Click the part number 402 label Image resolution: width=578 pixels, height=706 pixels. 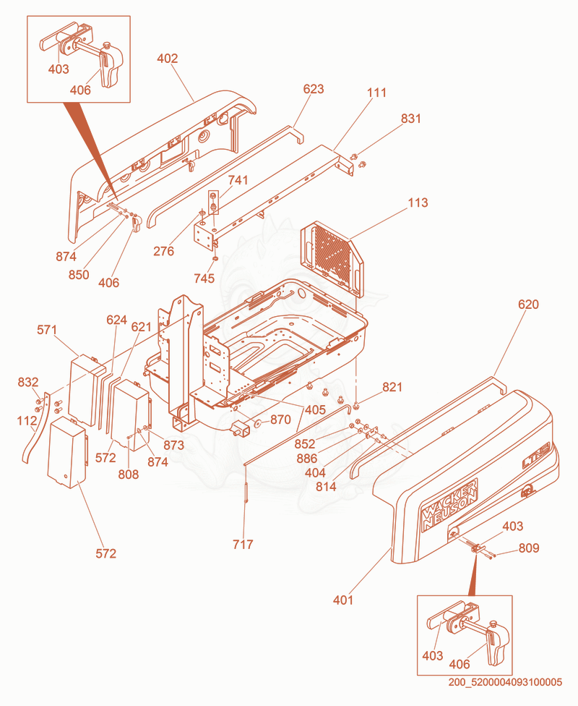point(168,59)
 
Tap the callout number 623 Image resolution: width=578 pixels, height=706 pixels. point(314,89)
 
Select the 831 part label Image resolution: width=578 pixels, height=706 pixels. point(410,119)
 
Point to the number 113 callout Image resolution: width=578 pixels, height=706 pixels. point(418,203)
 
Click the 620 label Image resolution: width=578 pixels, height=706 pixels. point(528,305)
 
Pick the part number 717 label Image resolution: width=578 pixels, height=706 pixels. point(243,545)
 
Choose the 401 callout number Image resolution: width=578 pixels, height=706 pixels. point(343,600)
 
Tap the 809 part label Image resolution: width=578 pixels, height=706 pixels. point(529,548)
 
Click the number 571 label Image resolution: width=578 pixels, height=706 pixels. point(47,330)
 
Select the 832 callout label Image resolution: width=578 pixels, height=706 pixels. point(28,382)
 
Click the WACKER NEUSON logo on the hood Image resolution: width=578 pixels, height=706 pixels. point(449,504)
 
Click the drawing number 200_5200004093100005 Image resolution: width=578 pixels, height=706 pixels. point(505,682)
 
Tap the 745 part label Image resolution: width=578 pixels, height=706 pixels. point(204,278)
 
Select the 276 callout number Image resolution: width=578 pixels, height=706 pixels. point(163,251)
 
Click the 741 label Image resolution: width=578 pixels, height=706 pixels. point(238,180)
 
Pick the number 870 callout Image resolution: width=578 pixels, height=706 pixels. point(280,420)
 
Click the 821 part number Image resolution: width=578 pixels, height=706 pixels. point(392,387)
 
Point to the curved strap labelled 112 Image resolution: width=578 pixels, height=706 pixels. point(36,428)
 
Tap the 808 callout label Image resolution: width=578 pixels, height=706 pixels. point(129,474)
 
